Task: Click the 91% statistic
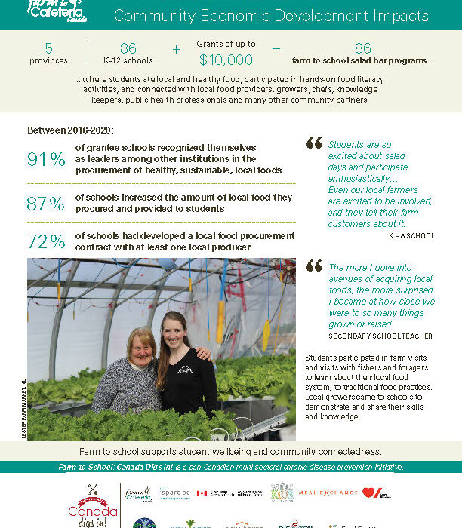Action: pos(46,160)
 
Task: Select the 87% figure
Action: pos(46,204)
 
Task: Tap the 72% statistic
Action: pos(46,242)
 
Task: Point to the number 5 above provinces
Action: pos(49,48)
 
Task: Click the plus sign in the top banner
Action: pos(176,50)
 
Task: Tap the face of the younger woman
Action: pos(174,328)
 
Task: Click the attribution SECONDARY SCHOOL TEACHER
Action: pos(380,336)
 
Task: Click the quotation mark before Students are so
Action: pos(313,142)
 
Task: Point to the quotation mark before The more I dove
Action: pos(313,266)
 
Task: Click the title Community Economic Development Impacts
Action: pos(270,16)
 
